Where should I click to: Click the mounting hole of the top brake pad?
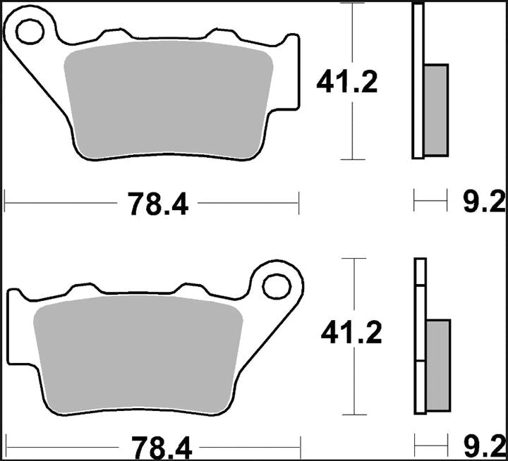click(x=31, y=30)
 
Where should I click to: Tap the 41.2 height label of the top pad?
click(x=347, y=82)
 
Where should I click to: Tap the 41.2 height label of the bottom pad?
click(x=351, y=332)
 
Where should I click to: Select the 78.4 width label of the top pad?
click(x=158, y=204)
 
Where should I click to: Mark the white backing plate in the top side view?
click(x=417, y=80)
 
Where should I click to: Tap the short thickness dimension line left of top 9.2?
click(x=430, y=204)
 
